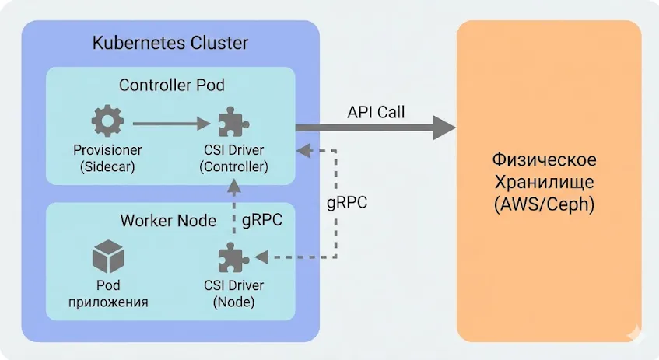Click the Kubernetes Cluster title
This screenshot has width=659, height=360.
tap(170, 43)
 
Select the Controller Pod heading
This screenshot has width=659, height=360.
tap(166, 85)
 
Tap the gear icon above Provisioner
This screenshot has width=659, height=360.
tap(103, 122)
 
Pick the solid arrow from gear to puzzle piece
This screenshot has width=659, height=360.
tap(172, 122)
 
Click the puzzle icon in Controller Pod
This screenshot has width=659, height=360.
tap(233, 122)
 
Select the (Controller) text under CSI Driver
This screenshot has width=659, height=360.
tap(233, 166)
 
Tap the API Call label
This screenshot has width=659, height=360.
tap(375, 112)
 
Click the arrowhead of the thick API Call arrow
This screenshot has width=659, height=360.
tap(443, 127)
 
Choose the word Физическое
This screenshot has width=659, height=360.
tap(544, 160)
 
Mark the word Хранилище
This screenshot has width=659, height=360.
tap(544, 183)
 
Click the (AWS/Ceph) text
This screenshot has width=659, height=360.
tap(544, 207)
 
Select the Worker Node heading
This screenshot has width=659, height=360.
tap(168, 221)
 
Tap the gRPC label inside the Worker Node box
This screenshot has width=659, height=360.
tap(262, 221)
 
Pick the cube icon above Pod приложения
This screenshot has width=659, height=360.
tap(108, 257)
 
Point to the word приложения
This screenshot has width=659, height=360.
tap(108, 302)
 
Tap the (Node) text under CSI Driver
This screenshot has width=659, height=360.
tap(233, 302)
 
